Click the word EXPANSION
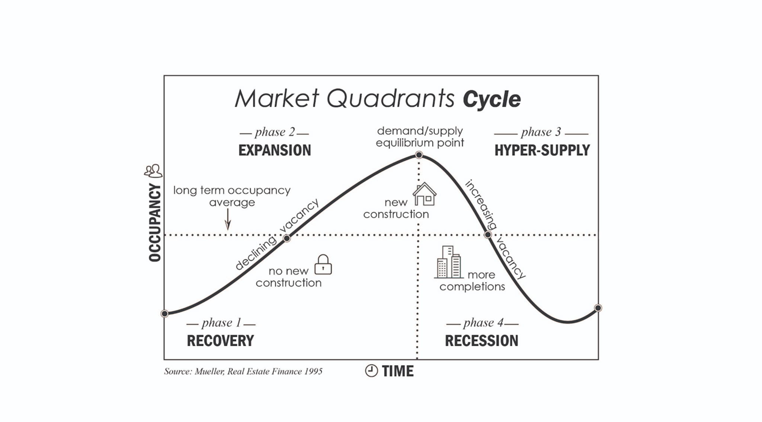(275, 150)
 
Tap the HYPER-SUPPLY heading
(542, 150)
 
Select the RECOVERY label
(220, 341)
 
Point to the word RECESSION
(481, 341)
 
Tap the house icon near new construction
(425, 194)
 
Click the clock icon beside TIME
(371, 371)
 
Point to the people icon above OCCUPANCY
(153, 171)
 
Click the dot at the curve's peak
(419, 155)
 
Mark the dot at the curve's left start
(164, 314)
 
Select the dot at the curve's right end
(598, 308)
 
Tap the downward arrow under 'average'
(228, 219)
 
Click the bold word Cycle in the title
(492, 99)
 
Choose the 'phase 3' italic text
(541, 132)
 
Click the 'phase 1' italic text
(222, 322)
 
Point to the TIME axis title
(398, 371)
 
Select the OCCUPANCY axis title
(155, 223)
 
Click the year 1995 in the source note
(313, 371)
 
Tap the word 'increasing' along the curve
(481, 205)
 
